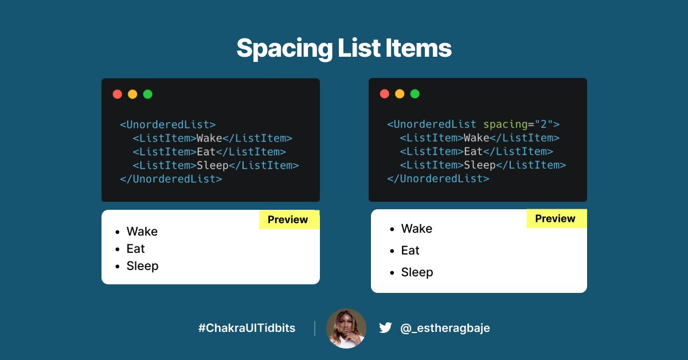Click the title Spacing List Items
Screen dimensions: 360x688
point(344,48)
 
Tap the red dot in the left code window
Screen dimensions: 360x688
point(118,94)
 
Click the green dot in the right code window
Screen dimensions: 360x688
point(415,94)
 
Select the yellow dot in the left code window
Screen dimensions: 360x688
point(132,94)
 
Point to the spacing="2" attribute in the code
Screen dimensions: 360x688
point(521,124)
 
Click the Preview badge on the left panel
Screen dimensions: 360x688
point(288,220)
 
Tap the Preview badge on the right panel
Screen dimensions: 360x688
point(555,218)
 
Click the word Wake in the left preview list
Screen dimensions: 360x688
point(142,232)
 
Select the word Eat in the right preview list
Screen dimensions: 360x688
point(410,251)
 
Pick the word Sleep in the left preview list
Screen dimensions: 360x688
point(142,266)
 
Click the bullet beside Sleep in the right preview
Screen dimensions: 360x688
point(392,273)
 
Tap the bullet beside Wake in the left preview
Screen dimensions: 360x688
point(118,232)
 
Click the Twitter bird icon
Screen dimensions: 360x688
point(385,328)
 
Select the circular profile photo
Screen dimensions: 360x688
point(346,328)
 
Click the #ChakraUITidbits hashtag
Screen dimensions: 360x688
point(247,328)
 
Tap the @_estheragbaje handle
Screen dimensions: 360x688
point(445,328)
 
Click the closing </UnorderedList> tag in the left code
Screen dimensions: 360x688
point(171,179)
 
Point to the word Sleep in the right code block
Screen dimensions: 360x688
point(479,165)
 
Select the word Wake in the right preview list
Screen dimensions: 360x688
point(417,229)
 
